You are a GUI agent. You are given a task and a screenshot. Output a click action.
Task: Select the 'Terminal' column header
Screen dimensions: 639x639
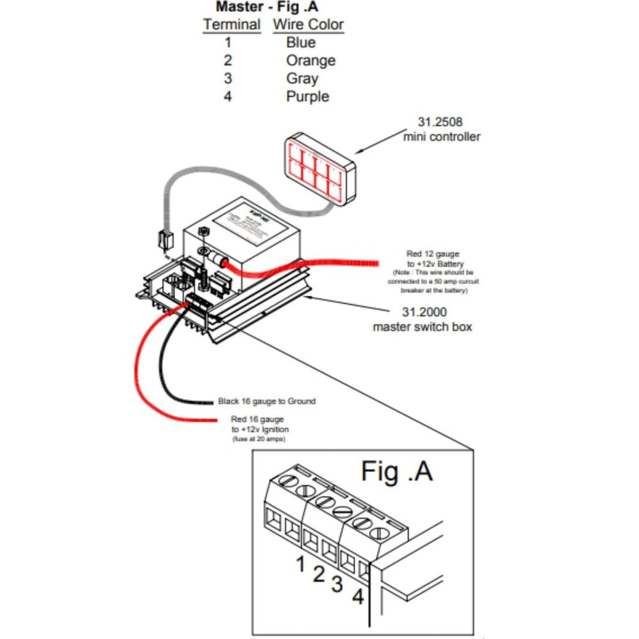click(231, 25)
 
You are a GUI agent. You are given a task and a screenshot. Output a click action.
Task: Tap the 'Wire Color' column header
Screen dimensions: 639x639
click(309, 25)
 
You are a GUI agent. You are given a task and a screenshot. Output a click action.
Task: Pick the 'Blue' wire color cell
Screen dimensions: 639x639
click(301, 43)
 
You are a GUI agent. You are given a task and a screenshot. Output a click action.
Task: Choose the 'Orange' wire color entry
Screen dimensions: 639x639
click(311, 61)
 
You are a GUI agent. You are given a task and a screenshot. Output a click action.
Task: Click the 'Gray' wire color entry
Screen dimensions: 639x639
click(302, 79)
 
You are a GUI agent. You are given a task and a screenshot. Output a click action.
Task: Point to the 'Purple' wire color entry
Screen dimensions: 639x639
click(307, 96)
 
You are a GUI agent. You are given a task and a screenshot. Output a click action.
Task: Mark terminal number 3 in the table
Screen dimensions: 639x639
click(228, 79)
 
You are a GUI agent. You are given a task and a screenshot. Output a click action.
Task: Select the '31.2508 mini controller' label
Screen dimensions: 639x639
click(442, 128)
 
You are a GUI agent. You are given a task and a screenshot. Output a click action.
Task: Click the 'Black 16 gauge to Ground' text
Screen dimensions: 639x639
click(266, 401)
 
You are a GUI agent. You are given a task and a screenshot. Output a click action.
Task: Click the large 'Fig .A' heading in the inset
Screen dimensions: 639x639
click(397, 471)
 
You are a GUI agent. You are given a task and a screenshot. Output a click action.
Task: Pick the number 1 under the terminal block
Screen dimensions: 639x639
click(300, 564)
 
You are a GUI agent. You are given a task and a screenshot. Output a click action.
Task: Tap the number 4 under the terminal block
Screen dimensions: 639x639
click(358, 597)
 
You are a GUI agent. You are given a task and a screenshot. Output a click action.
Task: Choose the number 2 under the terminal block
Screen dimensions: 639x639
click(319, 574)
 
